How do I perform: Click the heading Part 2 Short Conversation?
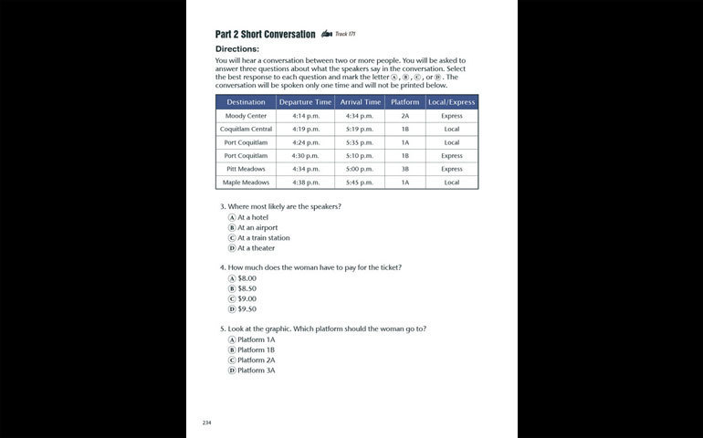[x=265, y=35]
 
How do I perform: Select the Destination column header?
[x=246, y=102]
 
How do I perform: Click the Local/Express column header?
[x=451, y=102]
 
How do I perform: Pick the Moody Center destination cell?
[x=246, y=116]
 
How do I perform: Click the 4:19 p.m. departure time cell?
[x=305, y=130]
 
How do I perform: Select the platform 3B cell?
[x=404, y=169]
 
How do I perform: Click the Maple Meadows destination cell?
[x=246, y=182]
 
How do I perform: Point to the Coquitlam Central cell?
[x=246, y=130]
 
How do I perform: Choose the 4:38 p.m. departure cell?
[x=305, y=182]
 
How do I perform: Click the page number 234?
[x=206, y=422]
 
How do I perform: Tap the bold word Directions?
[x=237, y=48]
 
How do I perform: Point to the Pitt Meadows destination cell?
[x=246, y=169]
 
